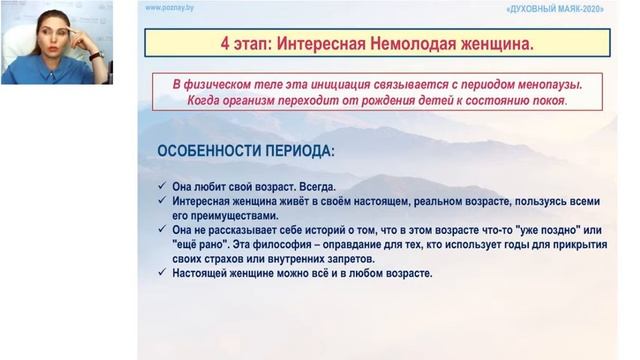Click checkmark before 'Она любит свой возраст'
(163, 186)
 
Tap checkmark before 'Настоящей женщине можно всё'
(163, 274)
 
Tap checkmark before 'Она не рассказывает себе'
(163, 229)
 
